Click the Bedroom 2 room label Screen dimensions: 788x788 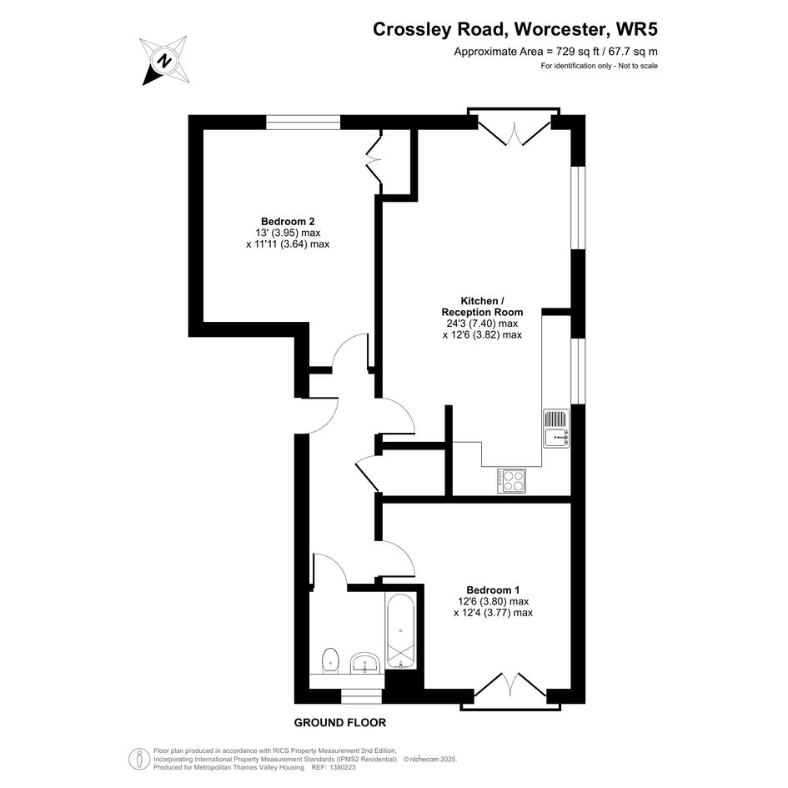[x=288, y=221]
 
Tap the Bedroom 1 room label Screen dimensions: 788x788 [x=493, y=590]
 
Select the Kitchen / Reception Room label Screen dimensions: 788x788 [x=483, y=307]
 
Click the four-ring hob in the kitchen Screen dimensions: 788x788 [x=512, y=481]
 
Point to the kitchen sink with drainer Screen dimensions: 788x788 [x=556, y=428]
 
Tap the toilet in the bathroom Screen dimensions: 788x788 [x=330, y=661]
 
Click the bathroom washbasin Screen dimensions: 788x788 [x=364, y=664]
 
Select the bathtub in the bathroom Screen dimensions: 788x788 [x=400, y=630]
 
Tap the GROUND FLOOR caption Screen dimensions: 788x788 [x=339, y=723]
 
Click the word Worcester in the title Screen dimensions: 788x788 [x=560, y=29]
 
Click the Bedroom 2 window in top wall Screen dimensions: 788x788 [x=303, y=122]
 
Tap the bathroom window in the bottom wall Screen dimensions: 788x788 [x=361, y=696]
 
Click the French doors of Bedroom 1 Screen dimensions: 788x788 [x=510, y=692]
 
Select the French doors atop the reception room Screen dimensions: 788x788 [x=514, y=126]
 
